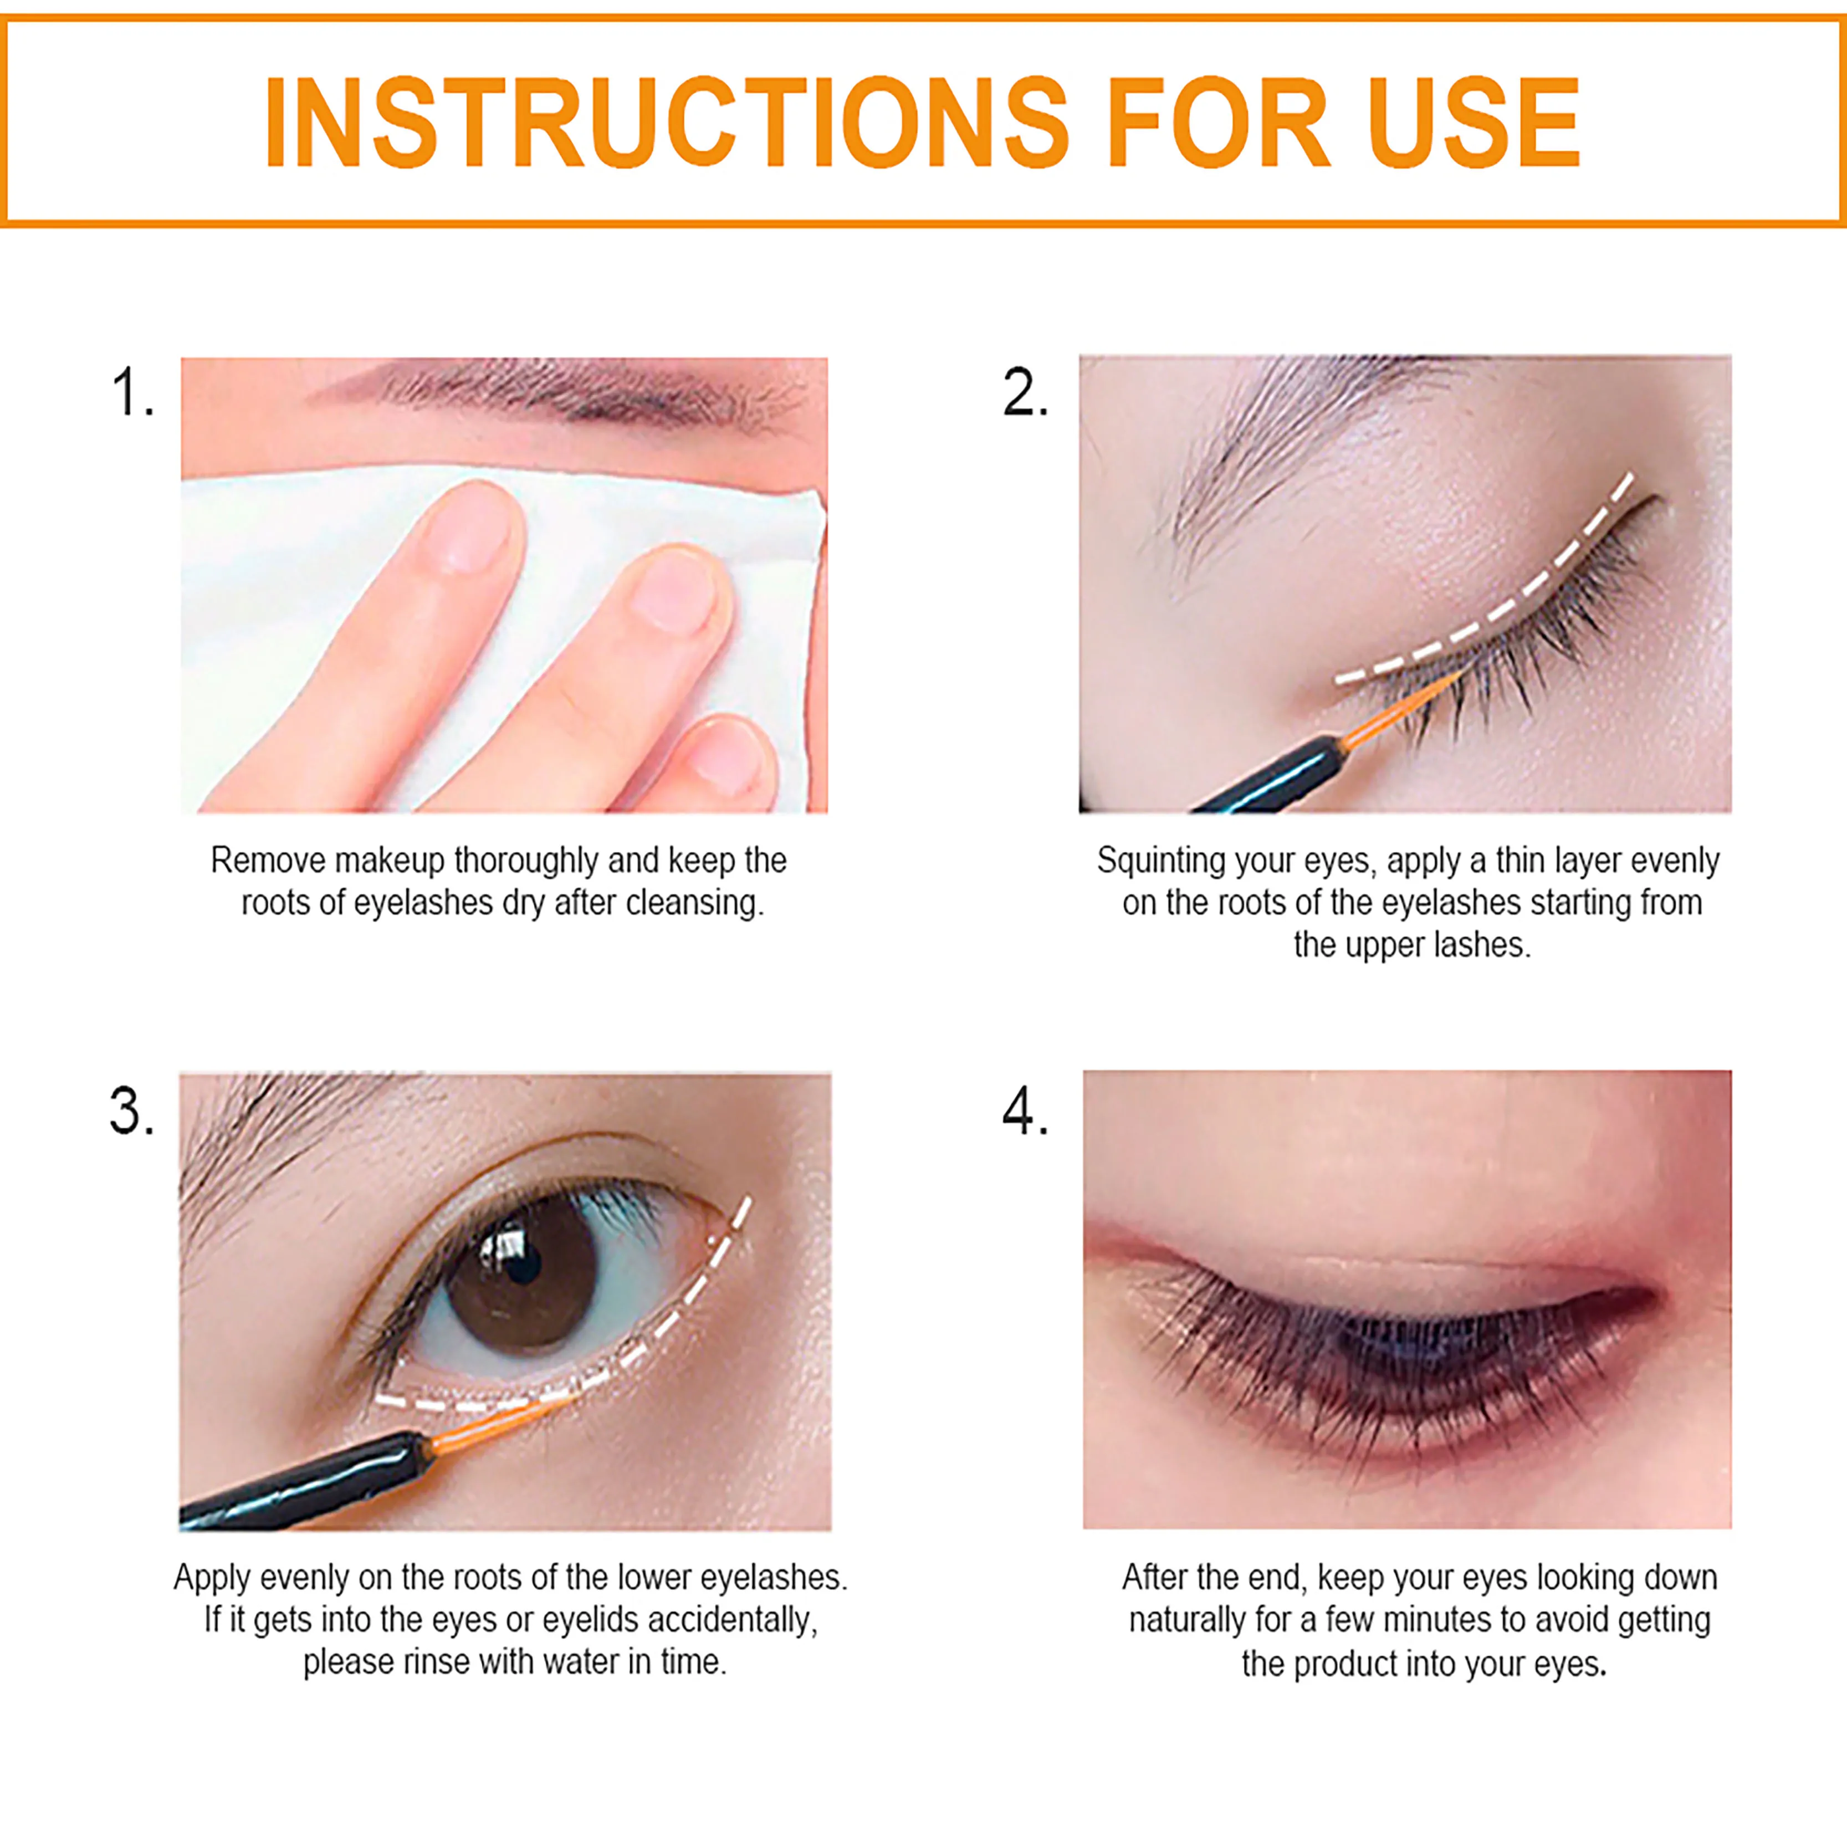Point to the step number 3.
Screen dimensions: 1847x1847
131,1111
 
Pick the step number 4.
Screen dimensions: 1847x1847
1025,1111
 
